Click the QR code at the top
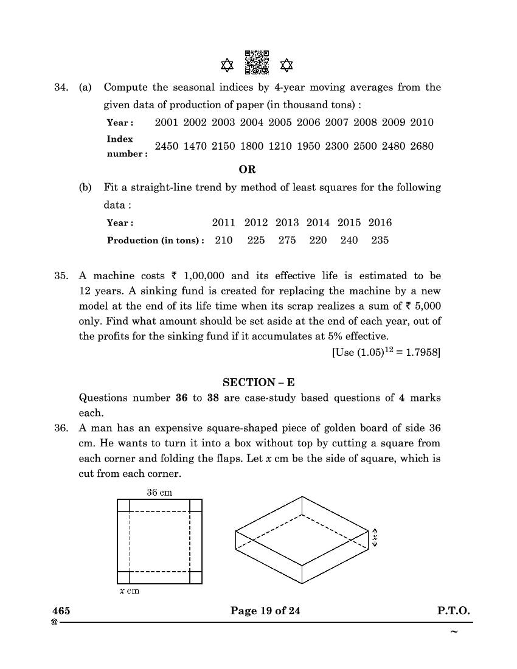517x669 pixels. [x=256, y=63]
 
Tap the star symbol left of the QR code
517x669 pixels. [x=227, y=64]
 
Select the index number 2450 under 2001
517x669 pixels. [x=167, y=146]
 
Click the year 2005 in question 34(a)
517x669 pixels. [x=280, y=122]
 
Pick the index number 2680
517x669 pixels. [x=422, y=146]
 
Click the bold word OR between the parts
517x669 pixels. [x=248, y=169]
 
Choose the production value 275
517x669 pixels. [x=287, y=240]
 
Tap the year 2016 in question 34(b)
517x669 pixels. [x=380, y=223]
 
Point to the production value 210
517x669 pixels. [x=224, y=240]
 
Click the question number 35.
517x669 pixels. [x=61, y=276]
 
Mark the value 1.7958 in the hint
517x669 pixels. [x=422, y=353]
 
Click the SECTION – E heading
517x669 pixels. [x=258, y=383]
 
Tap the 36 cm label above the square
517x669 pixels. [x=159, y=492]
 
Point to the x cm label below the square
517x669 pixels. [x=129, y=591]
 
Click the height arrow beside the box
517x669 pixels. [x=375, y=536]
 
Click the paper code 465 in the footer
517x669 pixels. [x=61, y=611]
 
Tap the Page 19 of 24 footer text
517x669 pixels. [x=265, y=611]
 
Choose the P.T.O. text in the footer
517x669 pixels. [x=453, y=611]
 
